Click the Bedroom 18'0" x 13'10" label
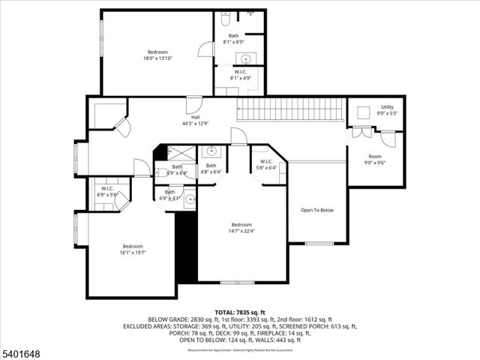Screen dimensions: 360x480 click(x=157, y=55)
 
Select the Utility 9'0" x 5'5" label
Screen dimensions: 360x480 click(x=387, y=110)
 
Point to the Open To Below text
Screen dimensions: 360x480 click(x=316, y=210)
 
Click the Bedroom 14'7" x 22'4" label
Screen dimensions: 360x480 click(x=241, y=228)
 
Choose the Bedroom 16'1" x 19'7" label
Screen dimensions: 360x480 click(x=133, y=249)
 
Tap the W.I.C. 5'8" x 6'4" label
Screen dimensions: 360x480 click(x=267, y=164)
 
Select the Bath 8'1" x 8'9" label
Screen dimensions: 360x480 click(x=235, y=39)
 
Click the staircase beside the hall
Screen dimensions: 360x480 click(x=291, y=109)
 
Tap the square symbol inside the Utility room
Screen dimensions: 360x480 click(x=363, y=112)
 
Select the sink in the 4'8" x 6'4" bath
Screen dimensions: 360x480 click(x=211, y=150)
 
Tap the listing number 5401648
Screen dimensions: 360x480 click(x=21, y=351)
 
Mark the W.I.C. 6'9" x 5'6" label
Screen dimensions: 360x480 click(x=108, y=191)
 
